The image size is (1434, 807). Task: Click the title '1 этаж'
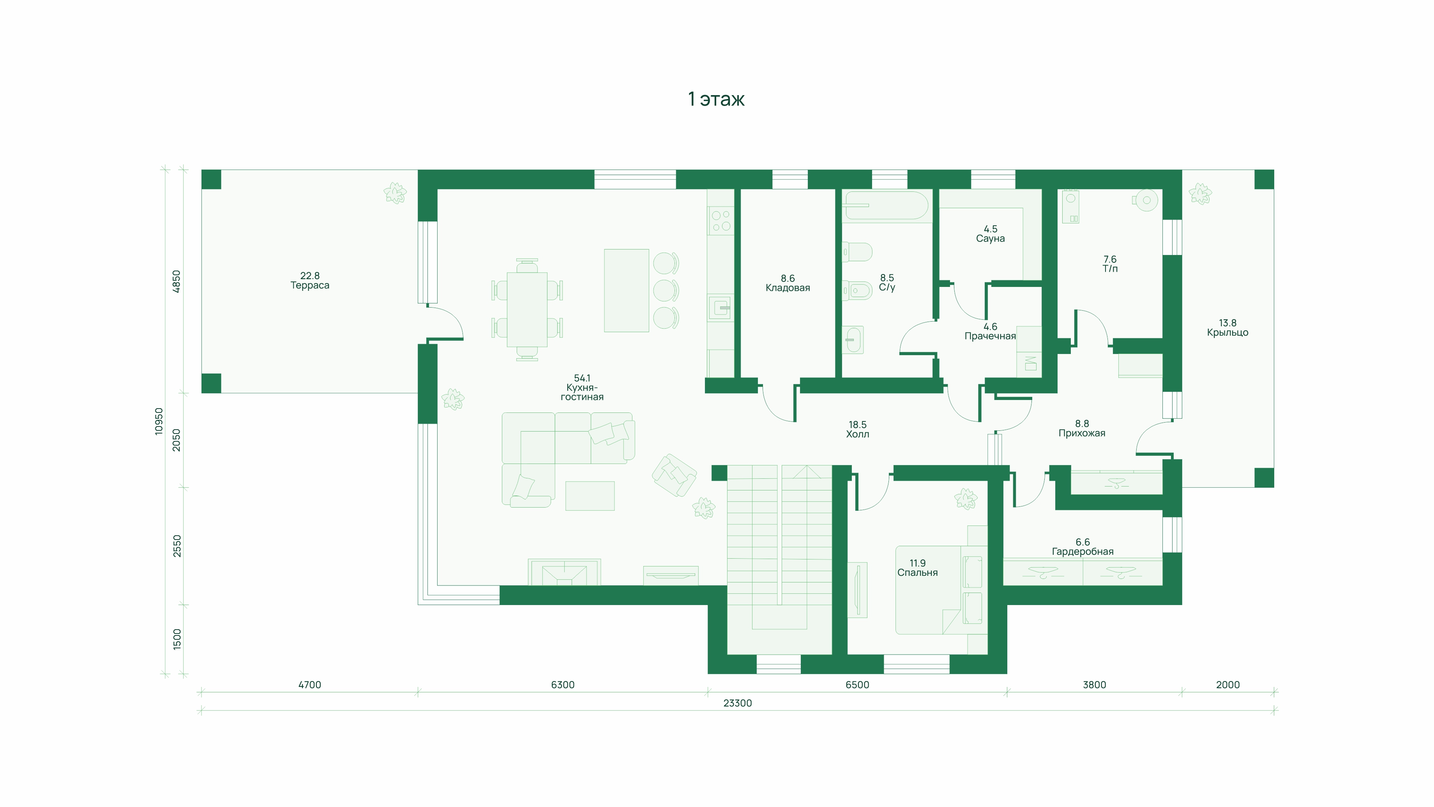[x=716, y=99]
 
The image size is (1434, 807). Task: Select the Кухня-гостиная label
[x=582, y=392]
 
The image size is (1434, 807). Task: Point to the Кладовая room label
[x=788, y=288]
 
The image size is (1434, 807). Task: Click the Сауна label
[x=990, y=238]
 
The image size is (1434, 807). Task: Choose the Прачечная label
[x=990, y=336]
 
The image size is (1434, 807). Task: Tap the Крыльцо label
[x=1227, y=333]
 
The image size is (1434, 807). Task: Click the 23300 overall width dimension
[x=738, y=703]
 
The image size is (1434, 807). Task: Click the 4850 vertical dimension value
[x=177, y=281]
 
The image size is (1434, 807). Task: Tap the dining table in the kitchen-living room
[x=526, y=310]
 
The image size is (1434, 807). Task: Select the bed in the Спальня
[x=939, y=590]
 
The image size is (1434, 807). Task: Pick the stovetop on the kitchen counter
[x=721, y=221]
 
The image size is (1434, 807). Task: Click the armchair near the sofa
[x=674, y=475]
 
